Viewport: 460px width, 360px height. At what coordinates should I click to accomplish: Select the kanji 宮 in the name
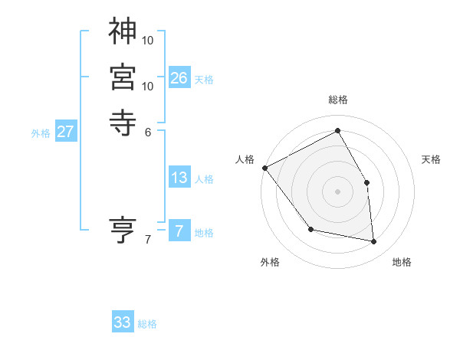coord(122,77)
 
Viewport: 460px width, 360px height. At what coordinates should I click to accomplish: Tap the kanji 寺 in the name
coord(122,122)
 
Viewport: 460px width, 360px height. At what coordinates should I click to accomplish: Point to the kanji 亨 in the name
coord(122,230)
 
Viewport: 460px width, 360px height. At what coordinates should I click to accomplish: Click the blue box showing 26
coord(179,77)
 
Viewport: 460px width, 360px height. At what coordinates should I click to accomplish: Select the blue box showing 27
coord(66,132)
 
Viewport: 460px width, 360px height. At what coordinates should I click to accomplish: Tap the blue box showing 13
coord(179,178)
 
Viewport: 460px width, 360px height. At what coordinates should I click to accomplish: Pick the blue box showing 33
coord(123,322)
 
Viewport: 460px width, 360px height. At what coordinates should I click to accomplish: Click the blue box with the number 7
coord(179,231)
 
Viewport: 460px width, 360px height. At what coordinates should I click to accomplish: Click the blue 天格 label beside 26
coord(204,79)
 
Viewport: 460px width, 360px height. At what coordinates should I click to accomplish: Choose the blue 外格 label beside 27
coord(41,133)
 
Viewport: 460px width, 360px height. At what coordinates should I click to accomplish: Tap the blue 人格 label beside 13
coord(204,179)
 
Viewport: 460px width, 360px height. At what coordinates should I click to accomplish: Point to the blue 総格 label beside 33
coord(147,324)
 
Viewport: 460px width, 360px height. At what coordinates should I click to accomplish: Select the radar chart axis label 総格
coord(338,100)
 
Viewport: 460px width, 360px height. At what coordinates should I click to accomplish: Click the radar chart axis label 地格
coord(402,263)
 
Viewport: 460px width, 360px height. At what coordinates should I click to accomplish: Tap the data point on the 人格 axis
coord(264,168)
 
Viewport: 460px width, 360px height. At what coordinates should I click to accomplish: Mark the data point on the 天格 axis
coord(367,182)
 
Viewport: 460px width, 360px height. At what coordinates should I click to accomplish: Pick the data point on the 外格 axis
coord(310,229)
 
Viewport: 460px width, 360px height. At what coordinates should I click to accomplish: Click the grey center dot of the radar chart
coord(338,191)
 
